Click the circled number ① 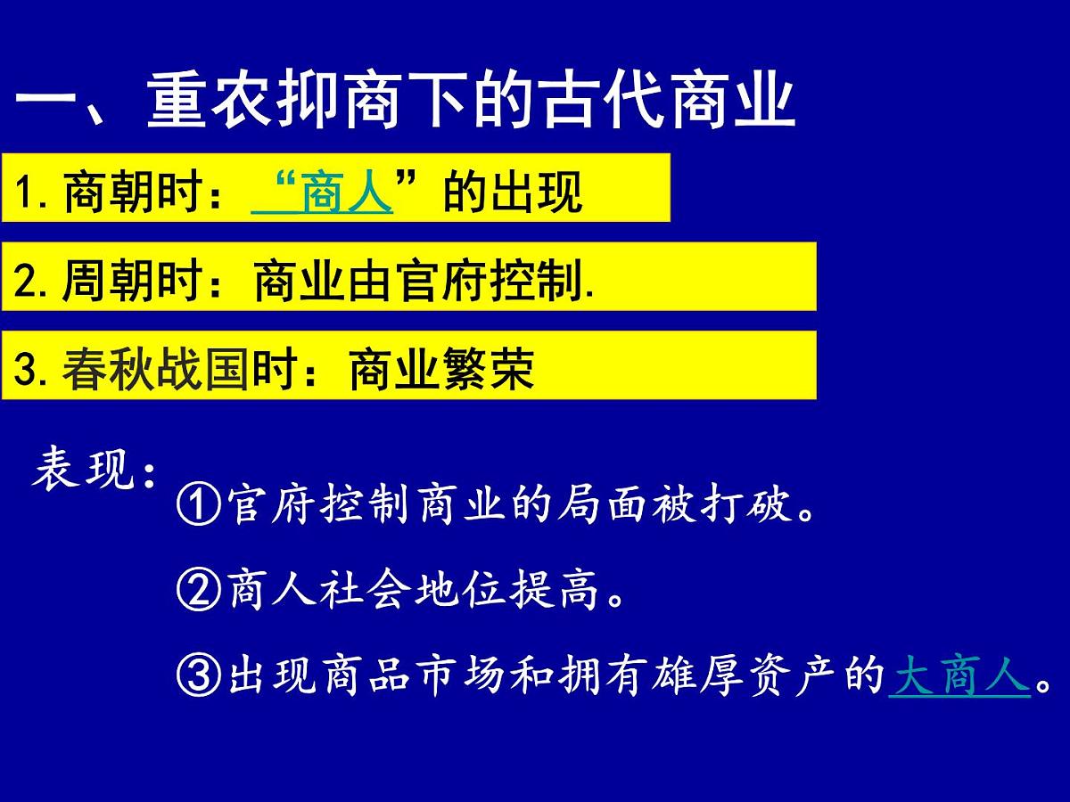(198, 506)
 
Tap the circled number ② (198, 591)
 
